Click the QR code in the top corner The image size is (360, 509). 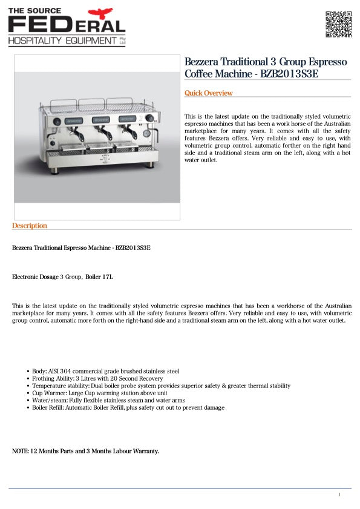[x=339, y=24]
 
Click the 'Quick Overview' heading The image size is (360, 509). [x=208, y=93]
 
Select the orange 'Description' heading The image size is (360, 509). [x=29, y=226]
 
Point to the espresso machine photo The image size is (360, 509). [x=97, y=136]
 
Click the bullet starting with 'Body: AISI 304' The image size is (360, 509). [x=105, y=371]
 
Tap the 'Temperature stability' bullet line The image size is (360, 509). [x=160, y=386]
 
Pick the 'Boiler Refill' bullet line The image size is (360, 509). [x=128, y=407]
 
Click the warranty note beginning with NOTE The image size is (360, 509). [x=85, y=451]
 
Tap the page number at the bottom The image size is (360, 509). [x=339, y=494]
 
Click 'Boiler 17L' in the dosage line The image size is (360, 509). [x=99, y=277]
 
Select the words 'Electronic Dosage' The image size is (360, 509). [x=35, y=277]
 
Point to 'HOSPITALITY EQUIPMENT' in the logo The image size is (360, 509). [x=62, y=41]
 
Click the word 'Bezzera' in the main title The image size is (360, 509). [x=204, y=62]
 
